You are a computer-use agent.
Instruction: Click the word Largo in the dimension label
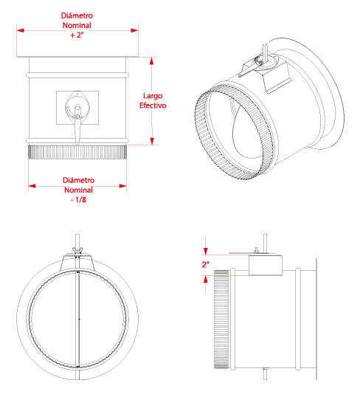click(x=153, y=96)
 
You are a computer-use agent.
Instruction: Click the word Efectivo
click(x=153, y=106)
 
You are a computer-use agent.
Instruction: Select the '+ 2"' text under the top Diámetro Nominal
click(x=77, y=35)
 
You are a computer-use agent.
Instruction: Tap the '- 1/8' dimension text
click(x=78, y=200)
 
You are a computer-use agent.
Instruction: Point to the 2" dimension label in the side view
click(x=206, y=264)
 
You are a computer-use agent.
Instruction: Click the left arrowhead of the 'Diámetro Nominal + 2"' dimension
click(x=21, y=30)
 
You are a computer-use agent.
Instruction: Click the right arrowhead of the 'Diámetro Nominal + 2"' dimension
click(x=134, y=30)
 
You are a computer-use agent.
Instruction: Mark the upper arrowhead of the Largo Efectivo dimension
click(x=152, y=61)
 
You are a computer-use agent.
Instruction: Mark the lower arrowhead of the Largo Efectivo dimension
click(x=152, y=141)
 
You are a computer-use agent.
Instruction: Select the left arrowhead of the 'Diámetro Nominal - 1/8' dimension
click(x=32, y=186)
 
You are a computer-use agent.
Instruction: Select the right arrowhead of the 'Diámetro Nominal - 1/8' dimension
click(x=123, y=186)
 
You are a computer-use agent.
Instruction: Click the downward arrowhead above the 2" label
click(x=206, y=252)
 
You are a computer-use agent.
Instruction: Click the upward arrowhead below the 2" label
click(x=206, y=279)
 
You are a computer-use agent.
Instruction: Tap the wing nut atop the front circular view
click(x=77, y=250)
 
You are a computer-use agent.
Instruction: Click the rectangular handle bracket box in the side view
click(x=266, y=266)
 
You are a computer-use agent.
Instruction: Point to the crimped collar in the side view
click(x=221, y=319)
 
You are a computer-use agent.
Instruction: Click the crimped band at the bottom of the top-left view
click(x=77, y=152)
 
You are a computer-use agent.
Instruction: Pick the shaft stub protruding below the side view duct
click(x=265, y=374)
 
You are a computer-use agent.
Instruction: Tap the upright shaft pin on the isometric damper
click(x=265, y=52)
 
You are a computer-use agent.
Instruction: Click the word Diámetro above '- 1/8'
click(x=78, y=180)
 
